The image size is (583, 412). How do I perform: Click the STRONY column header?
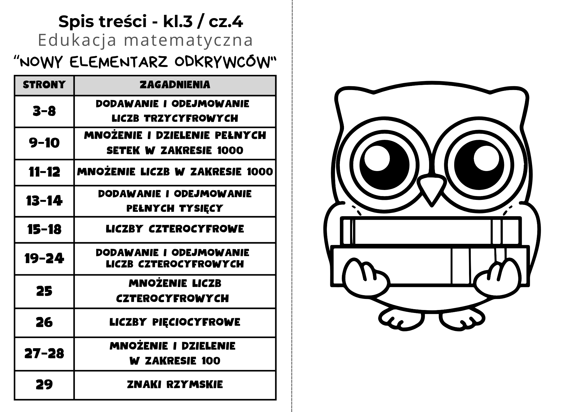pos(44,85)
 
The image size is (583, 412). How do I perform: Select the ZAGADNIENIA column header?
pos(175,85)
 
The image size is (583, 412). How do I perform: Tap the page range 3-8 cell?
pos(44,111)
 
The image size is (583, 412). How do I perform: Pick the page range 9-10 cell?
pos(44,143)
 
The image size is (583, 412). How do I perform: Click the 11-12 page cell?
pos(44,172)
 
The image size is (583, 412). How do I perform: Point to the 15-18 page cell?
pos(44,230)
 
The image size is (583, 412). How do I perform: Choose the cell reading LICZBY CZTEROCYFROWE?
pos(175,229)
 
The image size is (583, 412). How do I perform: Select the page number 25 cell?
pos(44,291)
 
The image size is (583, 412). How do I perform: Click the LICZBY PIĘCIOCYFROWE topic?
pos(175,322)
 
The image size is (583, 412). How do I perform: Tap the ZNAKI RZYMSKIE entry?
pos(175,385)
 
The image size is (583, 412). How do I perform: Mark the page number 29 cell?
pos(44,385)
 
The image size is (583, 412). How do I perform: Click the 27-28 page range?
pos(44,354)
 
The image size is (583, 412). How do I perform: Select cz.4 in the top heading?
pos(226,22)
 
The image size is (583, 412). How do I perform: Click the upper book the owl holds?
pos(431,231)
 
